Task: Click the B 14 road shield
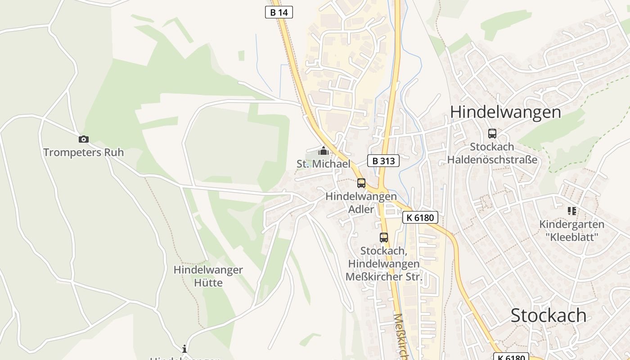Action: point(279,12)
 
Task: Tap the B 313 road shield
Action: point(383,161)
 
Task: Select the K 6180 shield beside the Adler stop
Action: point(420,218)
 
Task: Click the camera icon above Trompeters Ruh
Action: point(84,139)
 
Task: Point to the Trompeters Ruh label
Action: point(83,153)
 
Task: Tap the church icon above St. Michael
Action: point(323,151)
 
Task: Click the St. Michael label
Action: point(323,164)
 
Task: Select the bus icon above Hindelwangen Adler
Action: point(361,183)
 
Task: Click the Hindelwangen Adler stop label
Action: point(361,203)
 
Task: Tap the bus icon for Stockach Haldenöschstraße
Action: point(492,134)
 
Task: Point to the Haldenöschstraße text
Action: point(492,160)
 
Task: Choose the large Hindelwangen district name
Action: point(505,112)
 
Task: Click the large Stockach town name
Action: point(548,316)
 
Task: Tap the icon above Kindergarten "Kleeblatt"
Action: point(572,211)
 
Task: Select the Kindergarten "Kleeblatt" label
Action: point(571,230)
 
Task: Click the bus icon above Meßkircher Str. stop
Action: point(384,238)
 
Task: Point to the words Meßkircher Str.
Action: point(384,277)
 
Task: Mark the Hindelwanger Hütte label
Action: point(208,276)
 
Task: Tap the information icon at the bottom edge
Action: point(184,349)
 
